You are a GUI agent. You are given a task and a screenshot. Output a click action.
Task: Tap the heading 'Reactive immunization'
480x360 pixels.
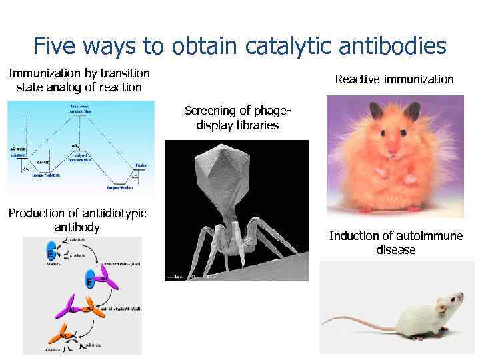394,79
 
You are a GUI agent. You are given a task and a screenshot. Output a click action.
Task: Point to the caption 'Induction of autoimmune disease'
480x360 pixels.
395,243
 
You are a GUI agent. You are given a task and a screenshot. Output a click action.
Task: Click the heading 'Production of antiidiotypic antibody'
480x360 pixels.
77,220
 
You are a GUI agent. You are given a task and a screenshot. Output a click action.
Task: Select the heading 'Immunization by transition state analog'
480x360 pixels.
79,80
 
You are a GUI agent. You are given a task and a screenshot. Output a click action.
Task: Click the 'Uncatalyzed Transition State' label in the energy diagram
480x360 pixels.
81,107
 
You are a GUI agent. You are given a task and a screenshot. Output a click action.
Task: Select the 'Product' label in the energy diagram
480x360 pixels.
141,165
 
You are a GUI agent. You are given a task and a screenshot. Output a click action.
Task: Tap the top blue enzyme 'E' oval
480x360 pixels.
50,254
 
